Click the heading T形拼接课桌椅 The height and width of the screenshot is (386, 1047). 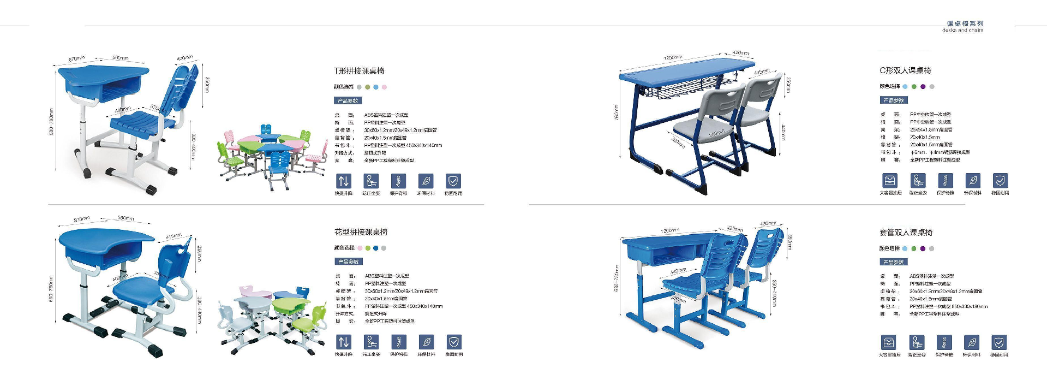point(358,71)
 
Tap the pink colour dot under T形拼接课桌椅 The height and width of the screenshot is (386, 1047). point(384,87)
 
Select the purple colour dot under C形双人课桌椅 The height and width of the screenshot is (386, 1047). point(923,86)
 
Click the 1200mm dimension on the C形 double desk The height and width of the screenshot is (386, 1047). point(673,57)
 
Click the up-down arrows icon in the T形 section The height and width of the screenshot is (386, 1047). point(343,181)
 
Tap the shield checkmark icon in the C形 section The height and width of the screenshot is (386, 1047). point(1000,180)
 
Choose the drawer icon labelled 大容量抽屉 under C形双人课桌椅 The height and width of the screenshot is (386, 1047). point(890,180)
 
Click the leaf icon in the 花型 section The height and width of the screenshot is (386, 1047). point(426,342)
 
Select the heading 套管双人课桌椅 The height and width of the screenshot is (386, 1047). point(906,233)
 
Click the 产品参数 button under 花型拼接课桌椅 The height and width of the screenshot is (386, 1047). point(348,262)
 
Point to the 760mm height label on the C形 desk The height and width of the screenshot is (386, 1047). point(617,112)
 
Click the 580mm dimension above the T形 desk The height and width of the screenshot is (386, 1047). point(120,58)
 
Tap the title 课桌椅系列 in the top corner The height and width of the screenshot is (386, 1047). point(965,23)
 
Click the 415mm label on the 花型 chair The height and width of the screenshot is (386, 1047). point(173,236)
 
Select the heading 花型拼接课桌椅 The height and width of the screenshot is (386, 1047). point(361,232)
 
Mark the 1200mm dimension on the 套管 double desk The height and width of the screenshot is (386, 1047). point(669,231)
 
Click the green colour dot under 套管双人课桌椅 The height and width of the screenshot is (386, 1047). point(914,248)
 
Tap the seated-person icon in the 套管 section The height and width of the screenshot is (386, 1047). point(917,342)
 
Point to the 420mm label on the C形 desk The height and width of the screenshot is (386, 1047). point(740,53)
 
